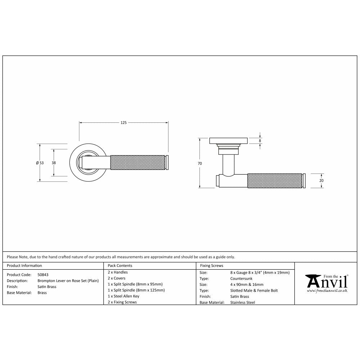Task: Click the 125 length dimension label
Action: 123,123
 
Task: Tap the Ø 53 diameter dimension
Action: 40,163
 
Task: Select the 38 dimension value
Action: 54,163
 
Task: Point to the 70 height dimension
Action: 200,163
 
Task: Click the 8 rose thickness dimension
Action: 260,141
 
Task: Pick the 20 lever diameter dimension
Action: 321,181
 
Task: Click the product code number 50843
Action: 43,275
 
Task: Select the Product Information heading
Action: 24,266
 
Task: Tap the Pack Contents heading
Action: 120,266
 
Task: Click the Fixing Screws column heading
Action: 211,266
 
